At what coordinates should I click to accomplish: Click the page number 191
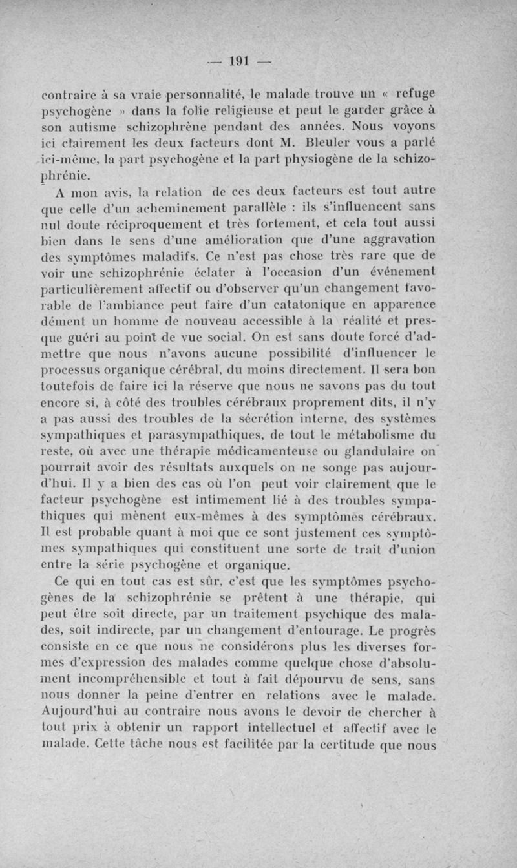239,63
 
